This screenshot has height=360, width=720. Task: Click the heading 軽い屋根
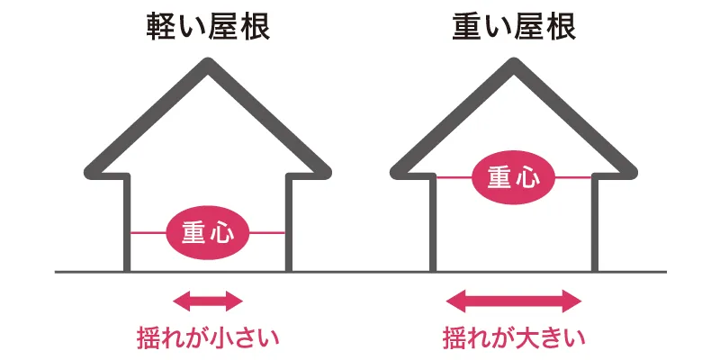pos(208,27)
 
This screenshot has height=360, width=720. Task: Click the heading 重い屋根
pos(515,27)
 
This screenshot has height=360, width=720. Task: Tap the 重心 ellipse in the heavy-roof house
pos(514,178)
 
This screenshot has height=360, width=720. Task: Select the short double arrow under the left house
pos(208,300)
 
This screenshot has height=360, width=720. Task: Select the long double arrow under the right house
pos(515,300)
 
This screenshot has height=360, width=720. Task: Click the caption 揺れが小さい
pos(208,338)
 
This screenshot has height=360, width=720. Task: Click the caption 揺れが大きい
pos(515,338)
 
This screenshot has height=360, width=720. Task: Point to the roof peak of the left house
pos(208,65)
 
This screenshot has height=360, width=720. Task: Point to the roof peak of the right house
pos(515,65)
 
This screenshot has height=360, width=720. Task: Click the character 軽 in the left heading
pos(162,27)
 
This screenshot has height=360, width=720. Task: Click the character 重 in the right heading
pos(469,27)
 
